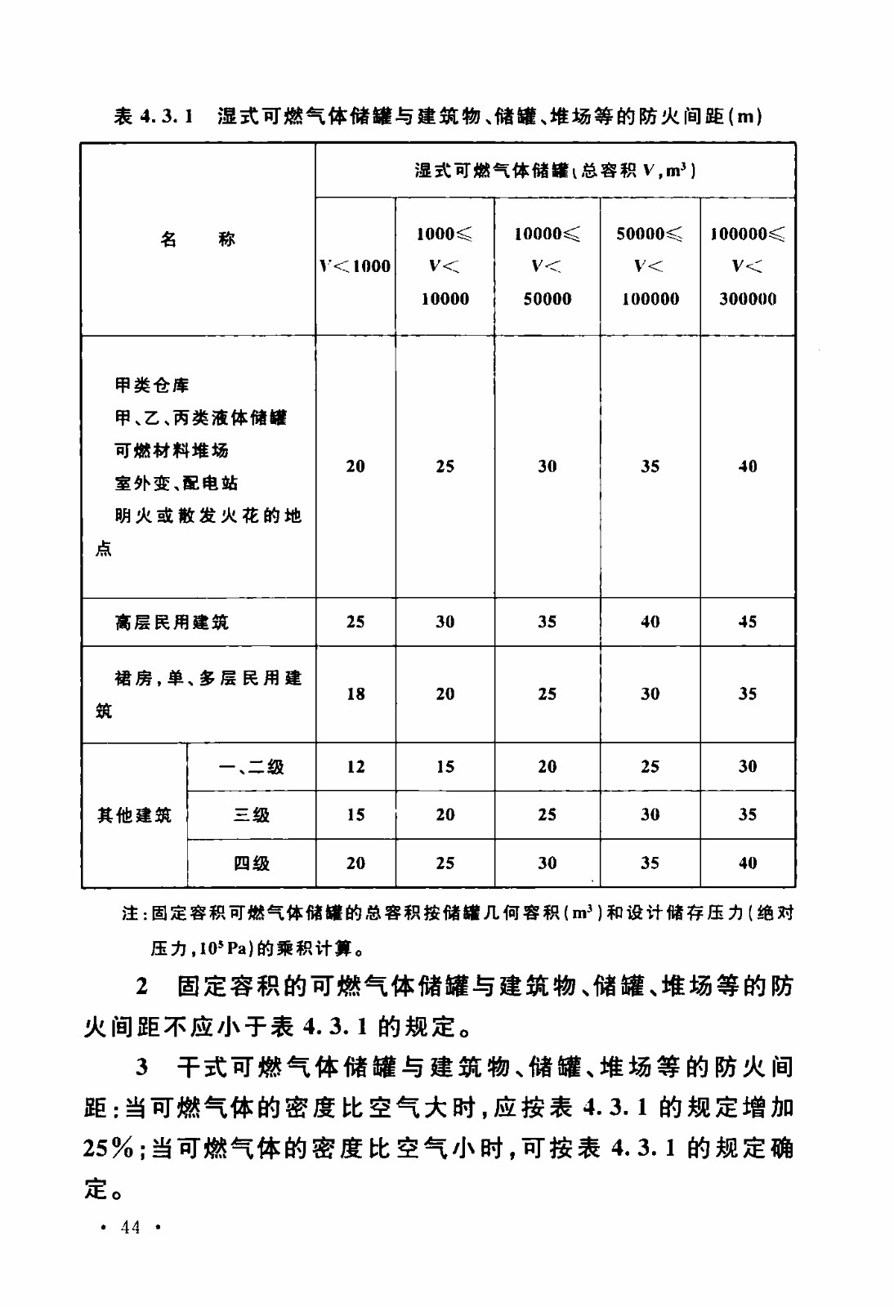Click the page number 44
130,1226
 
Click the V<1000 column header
355,266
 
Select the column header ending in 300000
747,266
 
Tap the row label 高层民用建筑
172,622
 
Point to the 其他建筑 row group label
134,815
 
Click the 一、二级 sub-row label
251,767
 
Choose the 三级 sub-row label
251,815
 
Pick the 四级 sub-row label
251,863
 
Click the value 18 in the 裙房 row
355,694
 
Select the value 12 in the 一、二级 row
355,767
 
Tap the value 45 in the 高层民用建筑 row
747,622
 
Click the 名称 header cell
198,239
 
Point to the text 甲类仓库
152,385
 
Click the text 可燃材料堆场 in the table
172,450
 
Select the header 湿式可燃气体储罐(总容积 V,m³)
555,171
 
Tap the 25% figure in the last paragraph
110,1149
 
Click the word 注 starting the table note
130,913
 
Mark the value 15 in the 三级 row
355,815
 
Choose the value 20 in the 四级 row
355,863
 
